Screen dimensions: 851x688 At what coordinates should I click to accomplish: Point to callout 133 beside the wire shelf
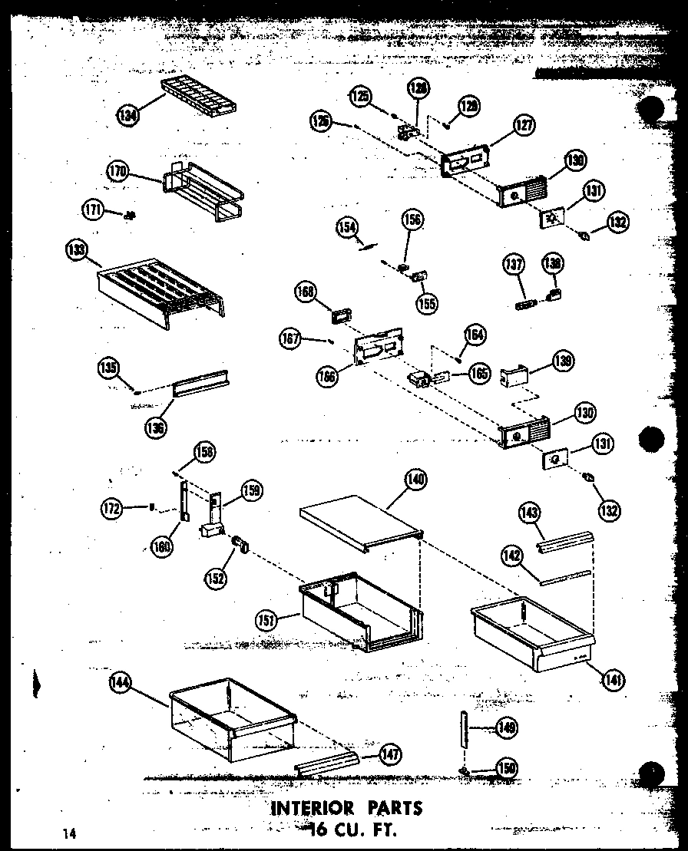tap(78, 250)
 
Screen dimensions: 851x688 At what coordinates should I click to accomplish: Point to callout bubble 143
tap(531, 513)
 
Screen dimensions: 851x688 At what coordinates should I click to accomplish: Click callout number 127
tap(524, 125)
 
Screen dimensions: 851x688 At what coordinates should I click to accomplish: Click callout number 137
tap(513, 266)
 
